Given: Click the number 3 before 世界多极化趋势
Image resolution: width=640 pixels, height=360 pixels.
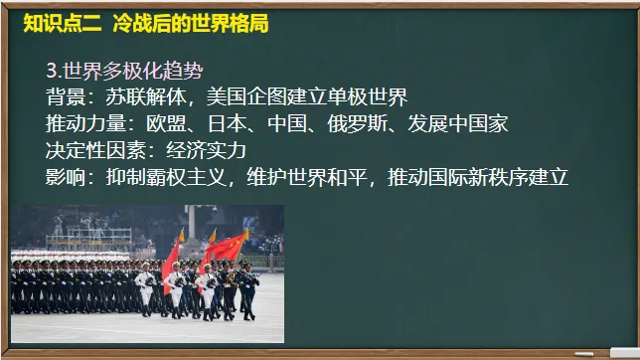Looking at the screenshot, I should coord(53,71).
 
